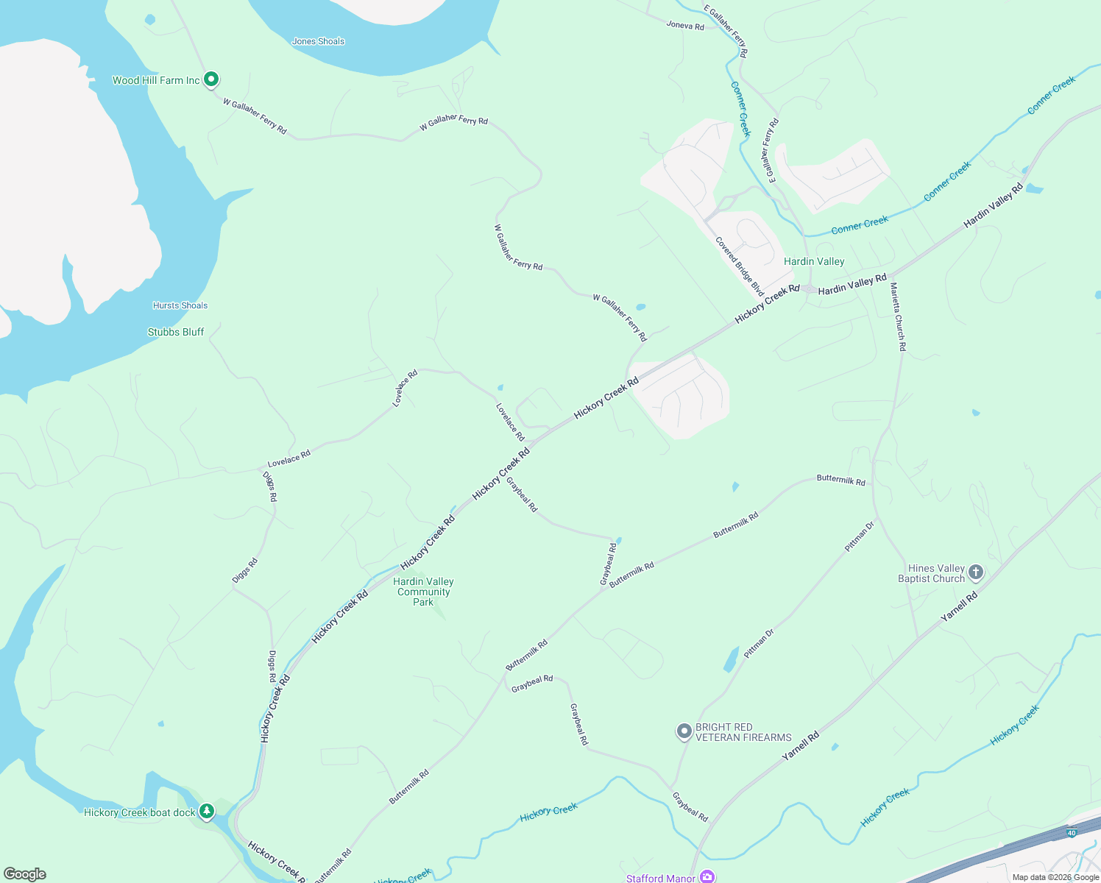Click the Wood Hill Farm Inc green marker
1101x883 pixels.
coord(211,79)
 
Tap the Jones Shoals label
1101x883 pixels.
coord(318,41)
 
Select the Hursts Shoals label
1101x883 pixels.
coord(180,305)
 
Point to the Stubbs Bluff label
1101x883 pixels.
coord(176,332)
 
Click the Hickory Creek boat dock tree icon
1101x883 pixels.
coord(208,811)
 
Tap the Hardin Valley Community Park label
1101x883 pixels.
coord(423,592)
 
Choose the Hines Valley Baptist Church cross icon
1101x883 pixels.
coord(976,572)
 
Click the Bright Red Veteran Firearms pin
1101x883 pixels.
coord(684,731)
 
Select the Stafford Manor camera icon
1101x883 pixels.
coord(707,876)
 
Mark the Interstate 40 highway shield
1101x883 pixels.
coord(1072,833)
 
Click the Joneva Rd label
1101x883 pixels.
coord(685,26)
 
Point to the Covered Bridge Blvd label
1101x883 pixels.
coord(740,266)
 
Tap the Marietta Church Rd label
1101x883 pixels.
coord(898,316)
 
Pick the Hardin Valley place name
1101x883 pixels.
coord(814,261)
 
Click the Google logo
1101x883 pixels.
coord(25,873)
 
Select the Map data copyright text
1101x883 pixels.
coord(1055,877)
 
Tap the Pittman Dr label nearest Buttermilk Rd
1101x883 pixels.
coord(859,537)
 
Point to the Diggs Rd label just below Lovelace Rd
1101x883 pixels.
coord(270,486)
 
